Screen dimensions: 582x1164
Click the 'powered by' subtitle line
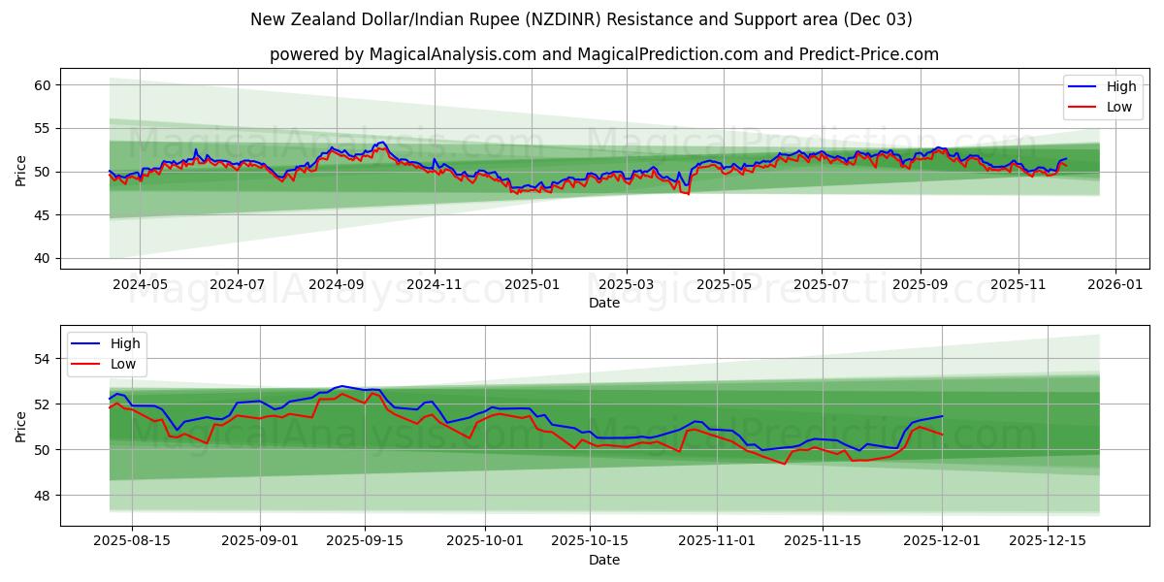point(603,54)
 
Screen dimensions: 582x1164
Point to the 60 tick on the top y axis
point(42,85)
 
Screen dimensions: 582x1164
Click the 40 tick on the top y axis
point(42,258)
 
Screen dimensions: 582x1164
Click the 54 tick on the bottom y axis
point(42,359)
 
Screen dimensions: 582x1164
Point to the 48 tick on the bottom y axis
point(42,496)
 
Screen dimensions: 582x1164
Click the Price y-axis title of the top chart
point(21,171)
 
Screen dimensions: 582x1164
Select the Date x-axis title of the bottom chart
point(603,560)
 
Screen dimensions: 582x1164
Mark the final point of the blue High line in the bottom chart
point(942,416)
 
